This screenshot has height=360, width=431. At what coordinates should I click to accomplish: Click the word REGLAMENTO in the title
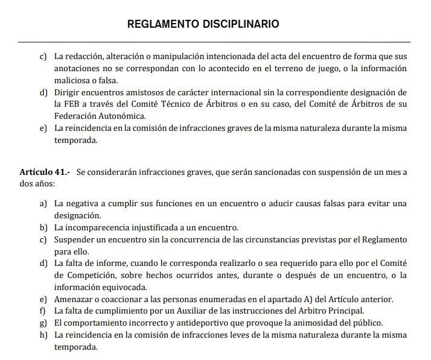coord(165,25)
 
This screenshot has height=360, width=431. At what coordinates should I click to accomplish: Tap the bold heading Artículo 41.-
coord(45,172)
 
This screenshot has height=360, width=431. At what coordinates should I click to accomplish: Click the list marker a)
coord(43,204)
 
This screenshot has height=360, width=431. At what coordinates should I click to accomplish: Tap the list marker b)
coord(43,227)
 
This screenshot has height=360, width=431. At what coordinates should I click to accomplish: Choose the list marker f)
coord(43,311)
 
